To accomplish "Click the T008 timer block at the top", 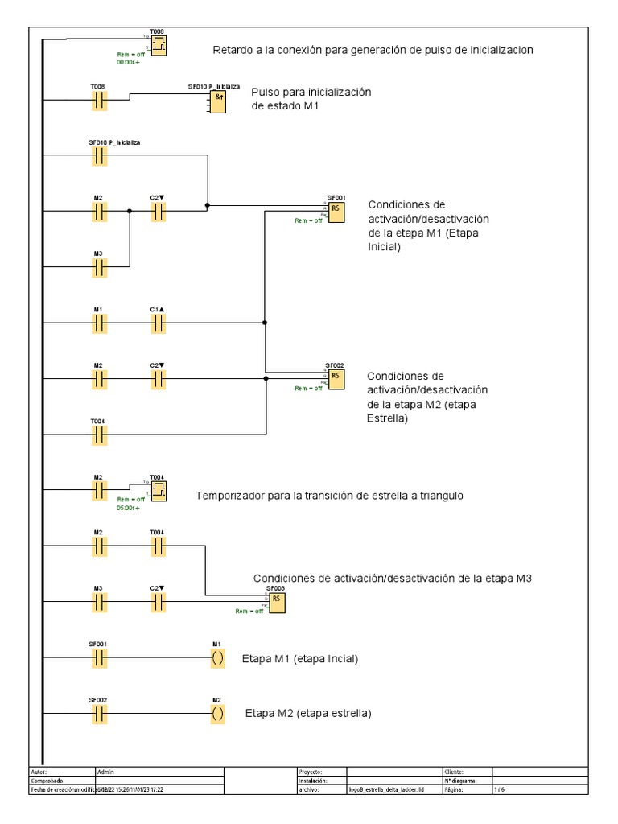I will pyautogui.click(x=159, y=46).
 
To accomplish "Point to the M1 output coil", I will pyautogui.click(x=217, y=658).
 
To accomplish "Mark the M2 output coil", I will pyautogui.click(x=217, y=714).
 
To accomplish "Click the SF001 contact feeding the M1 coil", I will pyautogui.click(x=99, y=658).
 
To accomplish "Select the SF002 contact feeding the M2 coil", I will pyautogui.click(x=99, y=714).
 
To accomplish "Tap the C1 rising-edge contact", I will pyautogui.click(x=158, y=323).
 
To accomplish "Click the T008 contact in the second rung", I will pyautogui.click(x=99, y=101).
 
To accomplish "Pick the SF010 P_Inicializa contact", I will pyautogui.click(x=99, y=156).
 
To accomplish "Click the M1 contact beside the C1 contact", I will pyautogui.click(x=99, y=323).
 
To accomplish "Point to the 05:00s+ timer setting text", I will pyautogui.click(x=129, y=508).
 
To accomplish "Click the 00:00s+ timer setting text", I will pyautogui.click(x=129, y=62).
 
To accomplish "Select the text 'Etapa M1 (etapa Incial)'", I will pyautogui.click(x=299, y=659).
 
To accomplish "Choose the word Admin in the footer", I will pyautogui.click(x=105, y=771).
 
